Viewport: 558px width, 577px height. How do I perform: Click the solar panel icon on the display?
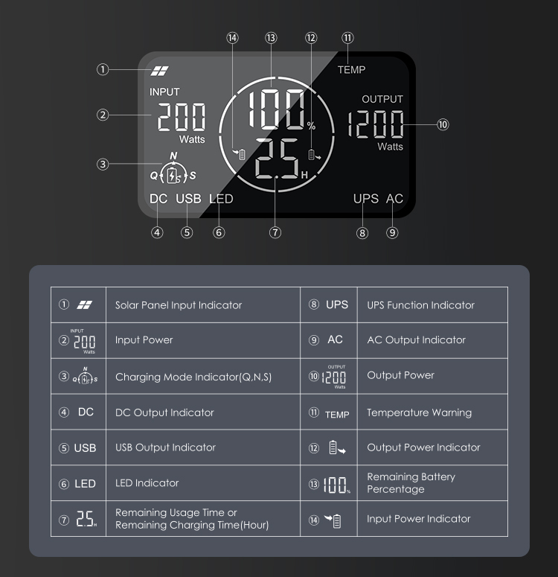(160, 71)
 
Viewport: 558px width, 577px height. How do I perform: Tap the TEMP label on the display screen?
(351, 69)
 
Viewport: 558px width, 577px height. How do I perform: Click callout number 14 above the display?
(232, 38)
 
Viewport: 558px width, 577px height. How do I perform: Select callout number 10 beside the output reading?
(443, 124)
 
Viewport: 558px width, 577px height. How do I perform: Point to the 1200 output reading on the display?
(375, 124)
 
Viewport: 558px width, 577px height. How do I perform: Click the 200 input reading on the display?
(182, 117)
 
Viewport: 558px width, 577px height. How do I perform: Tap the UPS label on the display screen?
(365, 199)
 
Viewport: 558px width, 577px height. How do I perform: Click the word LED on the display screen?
(221, 199)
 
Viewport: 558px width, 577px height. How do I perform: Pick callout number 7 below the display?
(275, 232)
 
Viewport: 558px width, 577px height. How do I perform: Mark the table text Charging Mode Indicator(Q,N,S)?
(193, 377)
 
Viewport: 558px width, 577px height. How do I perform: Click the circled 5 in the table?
(64, 448)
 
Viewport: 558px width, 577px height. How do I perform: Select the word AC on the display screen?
(394, 199)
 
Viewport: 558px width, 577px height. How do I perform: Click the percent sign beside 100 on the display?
(311, 127)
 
